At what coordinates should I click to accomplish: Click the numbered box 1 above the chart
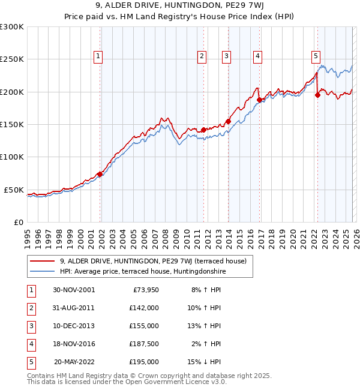98,56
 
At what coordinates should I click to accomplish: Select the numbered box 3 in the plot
227,56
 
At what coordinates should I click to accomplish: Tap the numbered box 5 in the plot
316,56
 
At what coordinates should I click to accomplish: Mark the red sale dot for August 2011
203,130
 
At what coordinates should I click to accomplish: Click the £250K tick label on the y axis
12,59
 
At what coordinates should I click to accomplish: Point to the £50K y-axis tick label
14,190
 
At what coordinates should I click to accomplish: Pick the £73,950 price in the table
144,290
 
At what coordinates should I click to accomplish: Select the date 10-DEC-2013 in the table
73,326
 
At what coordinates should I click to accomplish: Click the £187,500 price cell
144,344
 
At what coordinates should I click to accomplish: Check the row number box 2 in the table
30,308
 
